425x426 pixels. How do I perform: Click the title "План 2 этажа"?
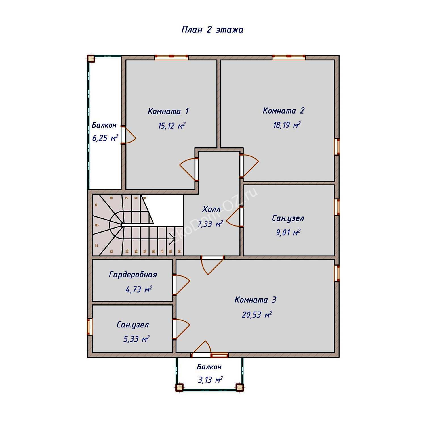coord(212,30)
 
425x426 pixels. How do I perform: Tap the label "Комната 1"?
coord(168,111)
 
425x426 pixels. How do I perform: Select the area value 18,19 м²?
coord(287,125)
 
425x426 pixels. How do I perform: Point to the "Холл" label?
coord(211,210)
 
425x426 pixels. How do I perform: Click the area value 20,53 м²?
coord(257,315)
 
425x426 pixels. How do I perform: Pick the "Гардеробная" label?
coord(133,275)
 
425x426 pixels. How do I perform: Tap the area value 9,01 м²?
coord(288,233)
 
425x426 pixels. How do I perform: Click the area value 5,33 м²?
coord(136,339)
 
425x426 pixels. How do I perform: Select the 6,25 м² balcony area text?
coord(105,138)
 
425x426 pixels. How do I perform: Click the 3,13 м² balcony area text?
coord(210,380)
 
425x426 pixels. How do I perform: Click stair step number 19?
coord(179,251)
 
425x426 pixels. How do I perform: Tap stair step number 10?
coord(96,225)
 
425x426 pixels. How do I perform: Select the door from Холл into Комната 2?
coord(249,166)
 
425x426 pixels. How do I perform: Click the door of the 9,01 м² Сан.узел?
coord(234,217)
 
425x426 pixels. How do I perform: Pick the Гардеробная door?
coord(181,285)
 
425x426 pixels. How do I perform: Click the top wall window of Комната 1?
coord(171,57)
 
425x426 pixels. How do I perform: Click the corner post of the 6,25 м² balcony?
coord(91,59)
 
